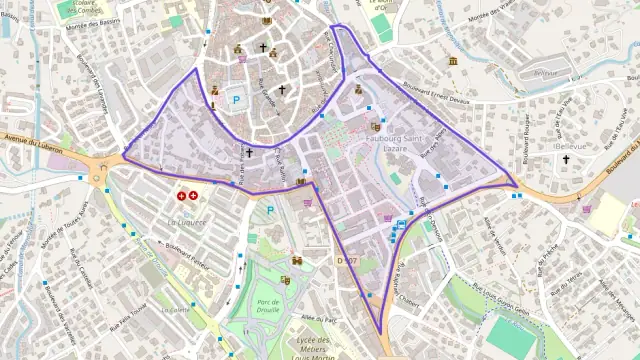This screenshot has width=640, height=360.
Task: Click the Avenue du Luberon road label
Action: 32,143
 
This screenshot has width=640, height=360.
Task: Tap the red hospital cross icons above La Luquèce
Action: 186,196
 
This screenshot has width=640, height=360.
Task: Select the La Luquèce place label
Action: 187,221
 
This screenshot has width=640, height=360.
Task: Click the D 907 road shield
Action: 347,261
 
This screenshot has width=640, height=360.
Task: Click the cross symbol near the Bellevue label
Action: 566,159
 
